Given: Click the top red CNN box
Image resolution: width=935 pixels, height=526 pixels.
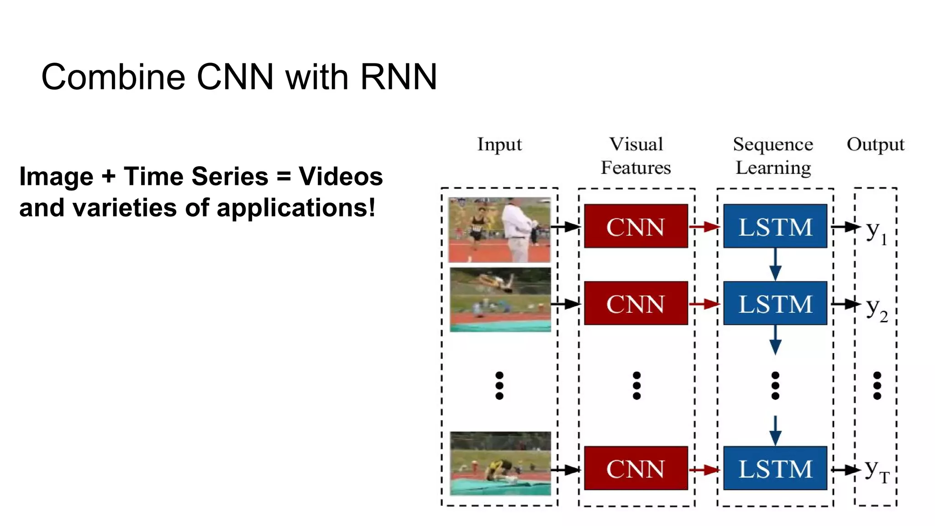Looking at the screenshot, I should point(636,226).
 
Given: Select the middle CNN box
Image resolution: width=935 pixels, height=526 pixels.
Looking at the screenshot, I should point(636,304).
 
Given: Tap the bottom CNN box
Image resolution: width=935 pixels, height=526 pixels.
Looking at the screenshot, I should point(636,468).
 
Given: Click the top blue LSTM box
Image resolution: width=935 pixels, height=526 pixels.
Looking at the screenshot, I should point(775,226).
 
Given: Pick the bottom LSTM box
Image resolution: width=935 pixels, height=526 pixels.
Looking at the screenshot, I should point(775,468).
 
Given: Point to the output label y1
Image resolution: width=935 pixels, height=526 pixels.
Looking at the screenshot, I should point(876,231).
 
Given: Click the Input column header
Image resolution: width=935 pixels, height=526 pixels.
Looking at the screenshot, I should point(499,144).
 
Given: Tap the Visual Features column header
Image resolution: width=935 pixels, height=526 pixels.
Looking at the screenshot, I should point(636,156).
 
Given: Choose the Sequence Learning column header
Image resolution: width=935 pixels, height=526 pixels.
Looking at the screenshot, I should point(773,156).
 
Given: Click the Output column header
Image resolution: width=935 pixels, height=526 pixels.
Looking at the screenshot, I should point(875,144).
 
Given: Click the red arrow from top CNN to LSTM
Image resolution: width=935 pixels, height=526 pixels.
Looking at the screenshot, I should point(704,226).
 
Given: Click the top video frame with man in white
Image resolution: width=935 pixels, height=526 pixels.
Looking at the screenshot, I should point(499,230).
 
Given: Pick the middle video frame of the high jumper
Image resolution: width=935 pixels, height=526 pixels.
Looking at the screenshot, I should point(500,300).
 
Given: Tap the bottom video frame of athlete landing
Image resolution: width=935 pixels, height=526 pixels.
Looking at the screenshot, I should point(500,463).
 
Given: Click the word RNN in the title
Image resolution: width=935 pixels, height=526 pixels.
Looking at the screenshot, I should point(399,77).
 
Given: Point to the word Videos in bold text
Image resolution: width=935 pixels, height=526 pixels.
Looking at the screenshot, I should point(341,176).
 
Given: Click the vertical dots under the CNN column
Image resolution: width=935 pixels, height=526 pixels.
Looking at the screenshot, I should point(636,386).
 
